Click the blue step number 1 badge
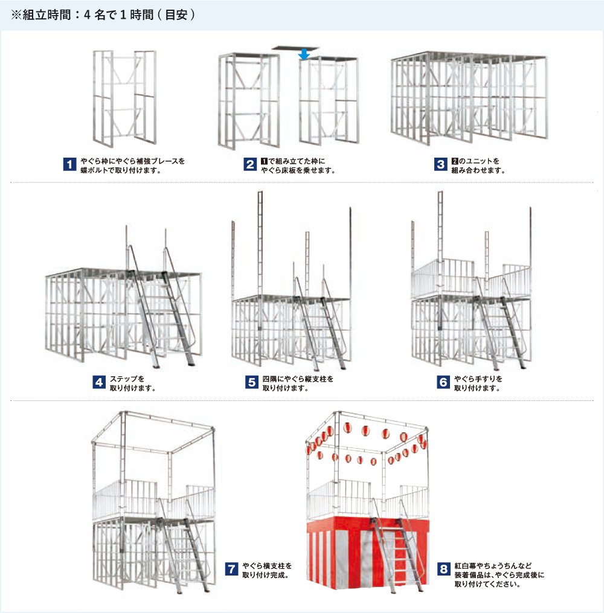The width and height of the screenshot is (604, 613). [69, 165]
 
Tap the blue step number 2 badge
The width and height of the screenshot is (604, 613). [250, 165]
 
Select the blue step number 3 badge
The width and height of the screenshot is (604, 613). [440, 165]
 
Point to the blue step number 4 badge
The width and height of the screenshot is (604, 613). [99, 382]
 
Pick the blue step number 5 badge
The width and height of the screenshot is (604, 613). [252, 382]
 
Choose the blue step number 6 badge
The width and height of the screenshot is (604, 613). [443, 382]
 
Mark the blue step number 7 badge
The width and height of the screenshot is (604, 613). [232, 569]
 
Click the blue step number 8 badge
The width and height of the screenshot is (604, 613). [444, 569]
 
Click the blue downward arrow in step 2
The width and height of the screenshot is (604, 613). [304, 54]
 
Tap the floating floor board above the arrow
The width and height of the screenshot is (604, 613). [295, 48]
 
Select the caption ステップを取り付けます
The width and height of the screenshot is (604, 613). [132, 383]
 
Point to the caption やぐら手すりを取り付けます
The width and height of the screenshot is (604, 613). [478, 383]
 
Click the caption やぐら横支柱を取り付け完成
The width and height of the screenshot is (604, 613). [267, 570]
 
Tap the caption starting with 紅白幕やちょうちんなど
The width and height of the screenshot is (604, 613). [500, 575]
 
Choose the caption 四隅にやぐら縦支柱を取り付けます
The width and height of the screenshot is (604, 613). [298, 383]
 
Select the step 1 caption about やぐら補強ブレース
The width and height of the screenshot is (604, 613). [132, 165]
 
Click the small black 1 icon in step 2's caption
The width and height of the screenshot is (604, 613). [265, 161]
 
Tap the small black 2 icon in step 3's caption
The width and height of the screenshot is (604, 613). [455, 161]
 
